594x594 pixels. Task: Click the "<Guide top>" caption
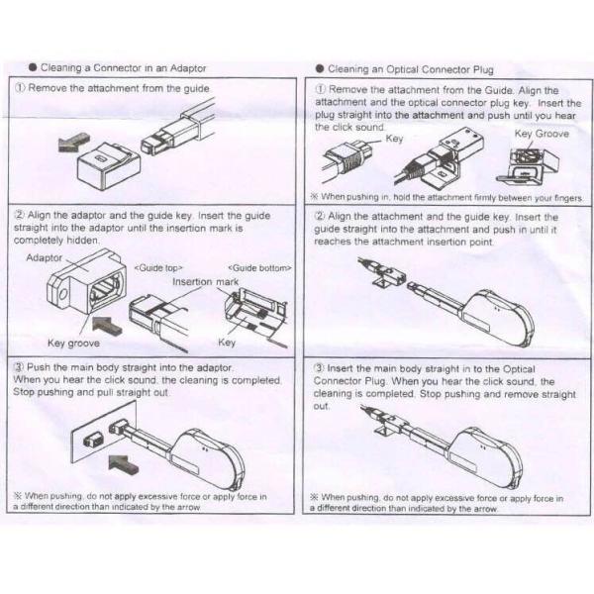point(159,267)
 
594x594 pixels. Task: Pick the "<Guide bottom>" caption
point(258,267)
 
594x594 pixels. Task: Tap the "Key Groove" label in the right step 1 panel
point(542,133)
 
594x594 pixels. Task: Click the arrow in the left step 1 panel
point(68,147)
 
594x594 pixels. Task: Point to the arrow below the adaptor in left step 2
point(108,323)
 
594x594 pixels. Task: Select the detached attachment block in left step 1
point(105,157)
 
